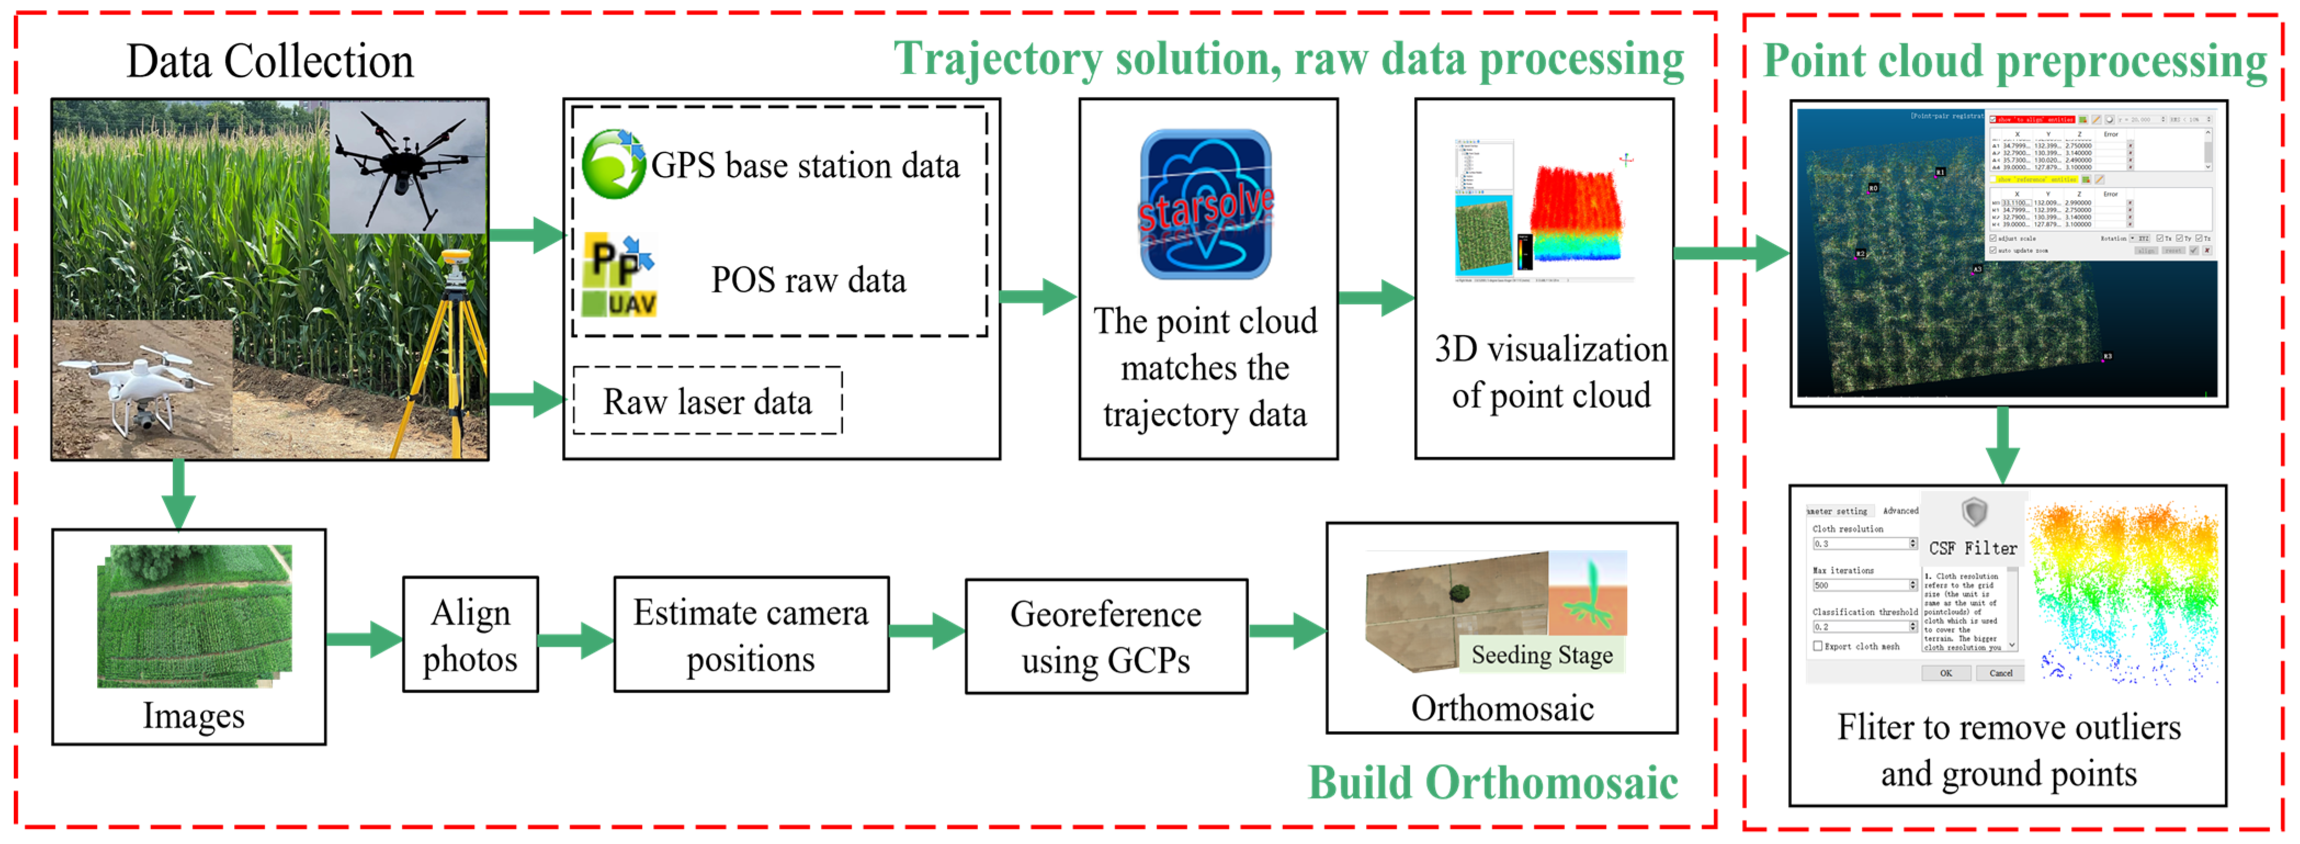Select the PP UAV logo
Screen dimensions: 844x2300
pos(619,276)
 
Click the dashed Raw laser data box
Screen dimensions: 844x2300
pos(706,401)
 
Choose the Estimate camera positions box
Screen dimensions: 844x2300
pos(750,635)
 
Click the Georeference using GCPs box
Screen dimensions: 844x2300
pos(1106,637)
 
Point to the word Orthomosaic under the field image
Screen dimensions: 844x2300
pos(1502,708)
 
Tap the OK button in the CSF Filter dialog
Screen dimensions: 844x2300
pos(1946,673)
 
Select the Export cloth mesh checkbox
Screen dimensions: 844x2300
pos(1818,645)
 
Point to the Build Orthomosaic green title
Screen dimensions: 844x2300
pos(1492,783)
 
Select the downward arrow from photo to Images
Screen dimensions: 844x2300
pos(179,494)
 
